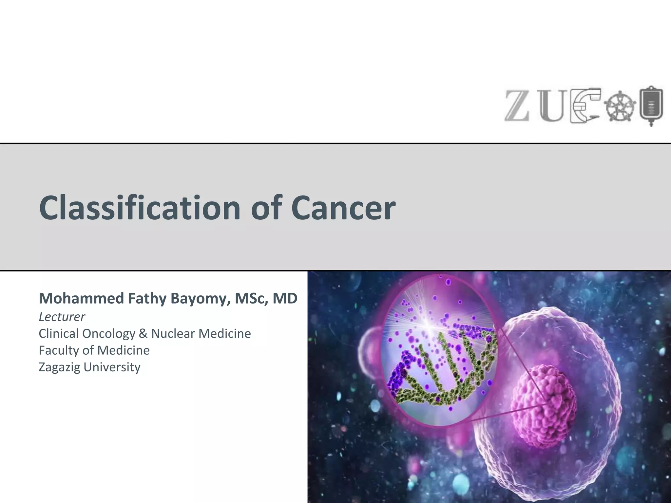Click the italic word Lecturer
coord(62,317)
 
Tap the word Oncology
coord(109,334)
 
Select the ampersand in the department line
coord(143,334)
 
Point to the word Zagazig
coord(59,367)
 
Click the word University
coord(112,367)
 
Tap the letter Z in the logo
coord(517,105)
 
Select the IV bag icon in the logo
coord(651,105)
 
